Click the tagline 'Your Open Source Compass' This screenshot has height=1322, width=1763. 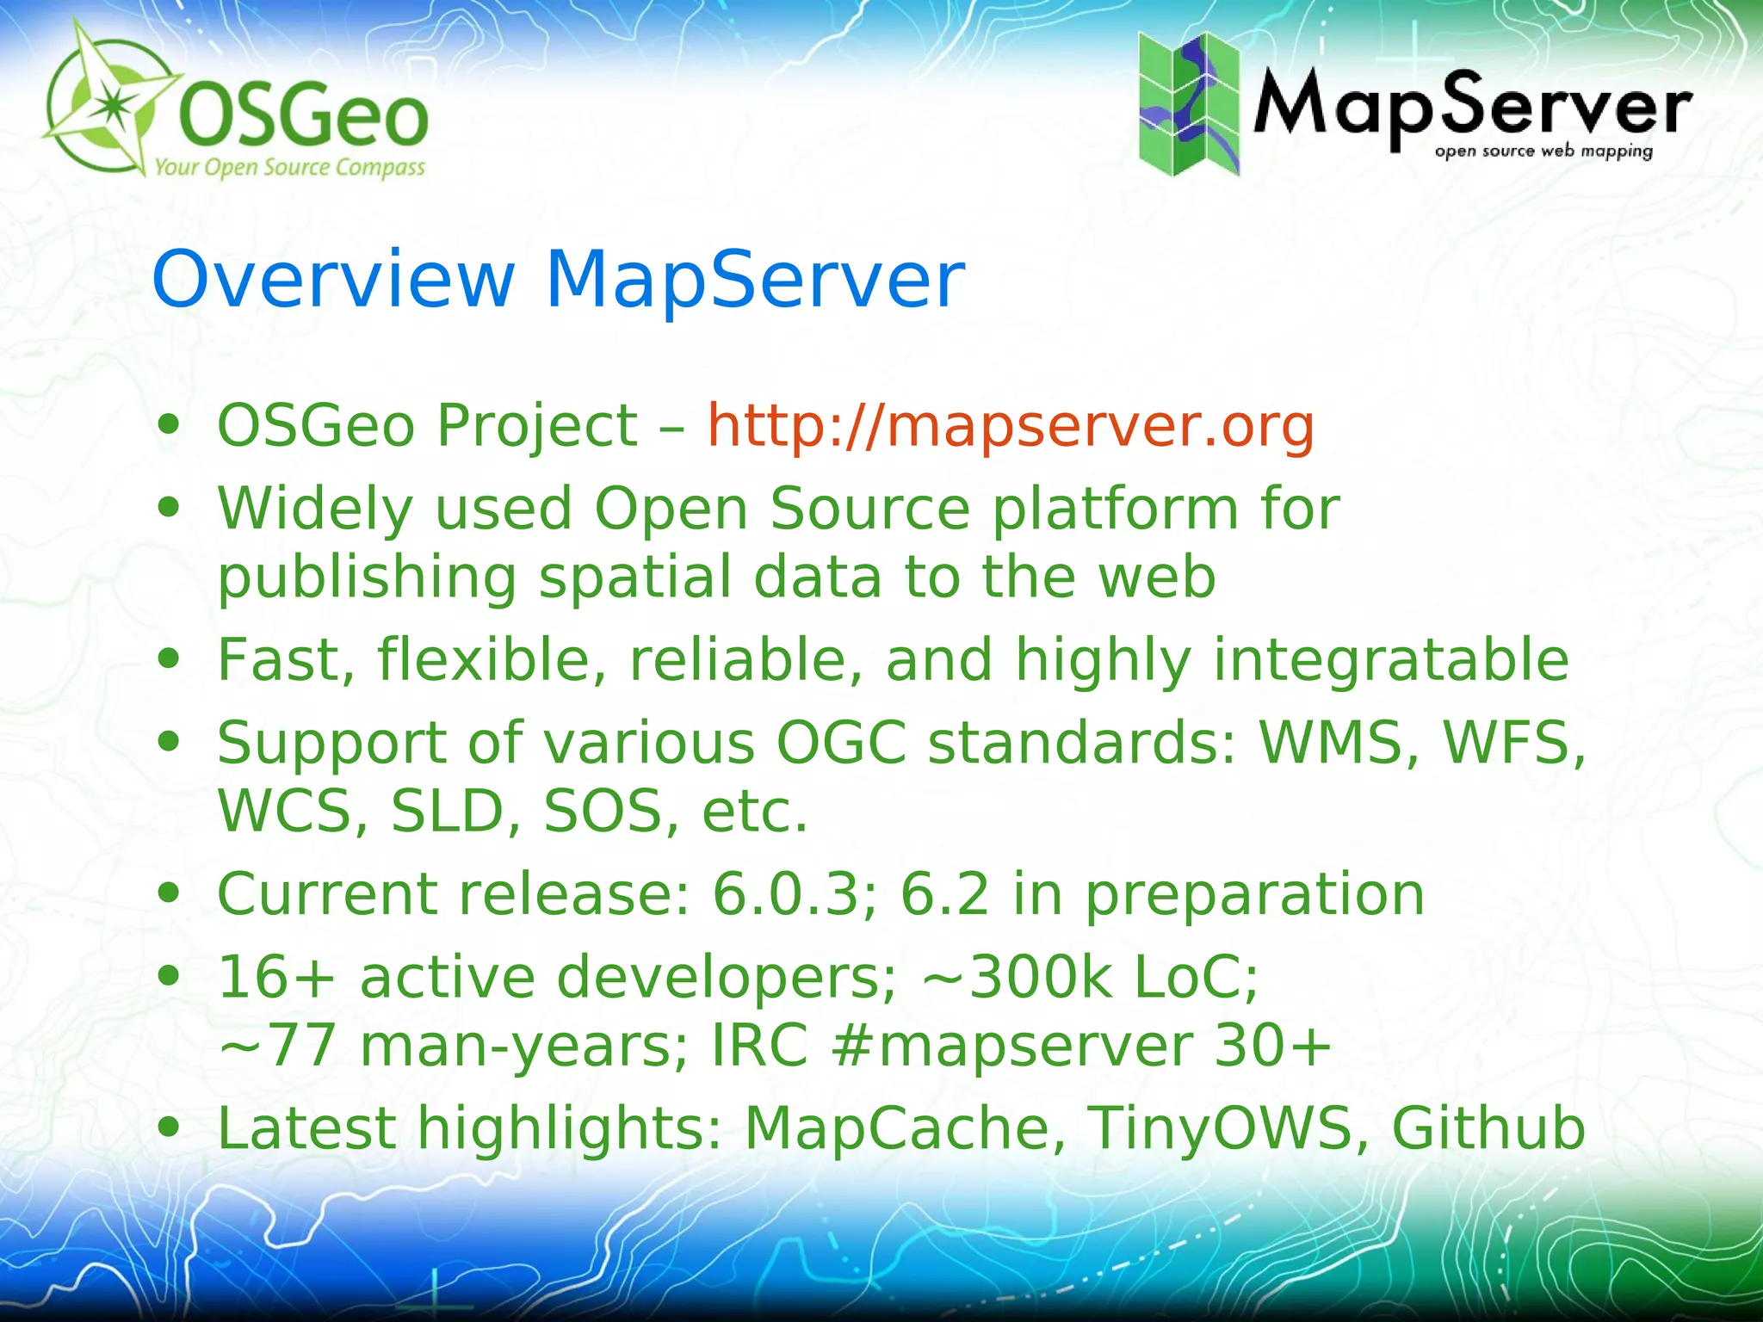point(289,167)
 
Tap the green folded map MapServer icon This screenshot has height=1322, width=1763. point(1189,103)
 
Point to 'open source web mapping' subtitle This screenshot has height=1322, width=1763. point(1543,151)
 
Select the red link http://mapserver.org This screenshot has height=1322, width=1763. point(1011,425)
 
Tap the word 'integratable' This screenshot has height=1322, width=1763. point(1390,659)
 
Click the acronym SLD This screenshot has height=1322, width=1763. point(446,811)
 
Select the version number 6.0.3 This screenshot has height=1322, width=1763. point(785,893)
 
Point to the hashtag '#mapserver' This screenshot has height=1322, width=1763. point(1012,1047)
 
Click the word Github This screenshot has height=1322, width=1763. point(1488,1127)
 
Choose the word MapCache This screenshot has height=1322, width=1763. point(896,1127)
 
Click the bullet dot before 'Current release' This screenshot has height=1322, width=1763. point(169,893)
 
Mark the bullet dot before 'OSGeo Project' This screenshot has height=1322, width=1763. point(169,425)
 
